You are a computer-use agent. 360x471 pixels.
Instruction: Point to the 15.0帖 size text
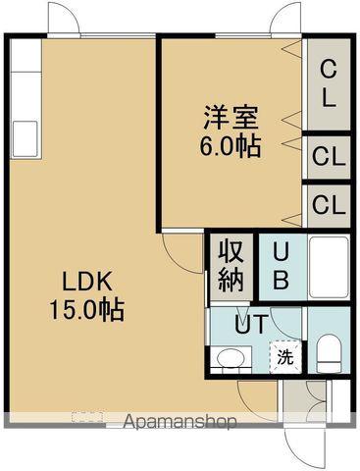pos(86,312)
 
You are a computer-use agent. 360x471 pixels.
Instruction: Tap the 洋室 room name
pos(232,117)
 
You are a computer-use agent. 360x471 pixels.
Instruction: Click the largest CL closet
pos(329,83)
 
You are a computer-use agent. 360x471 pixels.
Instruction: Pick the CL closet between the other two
pos(328,157)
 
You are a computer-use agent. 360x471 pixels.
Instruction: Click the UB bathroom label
pos(281,265)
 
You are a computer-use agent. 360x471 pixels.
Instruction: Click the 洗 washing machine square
pos(283,357)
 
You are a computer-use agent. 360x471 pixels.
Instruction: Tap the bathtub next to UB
pos(329,266)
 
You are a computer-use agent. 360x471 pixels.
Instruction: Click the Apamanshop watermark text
pos(181,423)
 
